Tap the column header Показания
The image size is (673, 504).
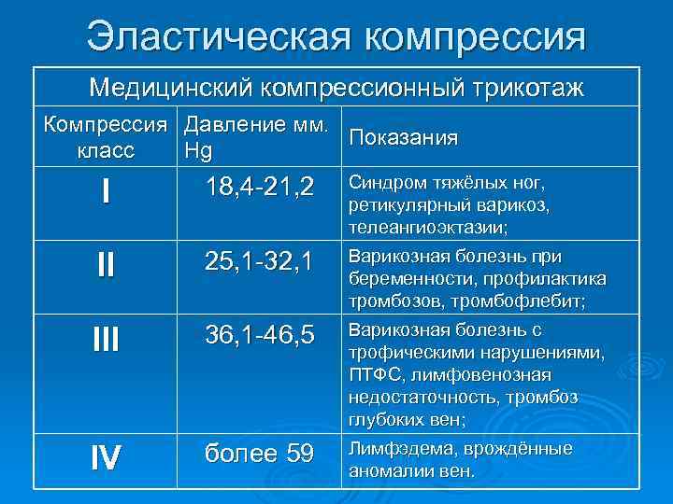click(402, 138)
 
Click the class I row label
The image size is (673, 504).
click(106, 192)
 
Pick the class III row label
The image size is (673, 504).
click(106, 339)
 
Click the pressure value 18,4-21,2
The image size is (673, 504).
click(248, 184)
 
